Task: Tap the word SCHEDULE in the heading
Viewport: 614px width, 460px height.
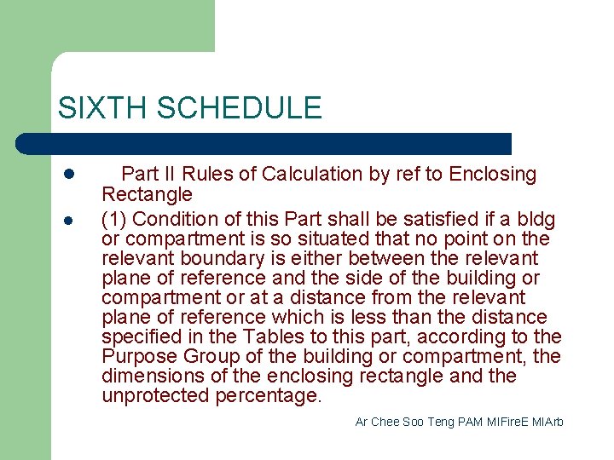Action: pyautogui.click(x=240, y=108)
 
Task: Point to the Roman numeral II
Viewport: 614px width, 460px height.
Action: pyautogui.click(x=168, y=175)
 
